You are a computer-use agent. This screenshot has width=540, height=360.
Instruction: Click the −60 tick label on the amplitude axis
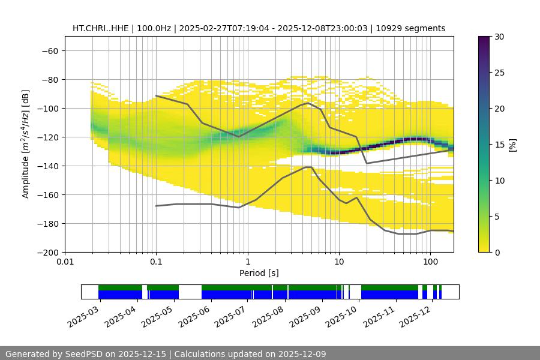click(x=49, y=50)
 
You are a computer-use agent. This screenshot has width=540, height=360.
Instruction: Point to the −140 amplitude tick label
click(x=47, y=166)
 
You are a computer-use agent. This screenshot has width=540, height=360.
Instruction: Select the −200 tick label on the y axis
click(x=47, y=252)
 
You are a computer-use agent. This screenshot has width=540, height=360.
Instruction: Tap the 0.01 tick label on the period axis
click(x=65, y=262)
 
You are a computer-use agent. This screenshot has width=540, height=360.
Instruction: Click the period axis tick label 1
click(x=247, y=262)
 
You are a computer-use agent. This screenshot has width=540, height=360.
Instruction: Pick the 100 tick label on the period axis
click(x=430, y=262)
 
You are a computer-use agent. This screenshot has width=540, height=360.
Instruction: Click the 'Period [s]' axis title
click(x=259, y=273)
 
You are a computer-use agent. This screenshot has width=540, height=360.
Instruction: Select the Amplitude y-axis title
click(x=26, y=144)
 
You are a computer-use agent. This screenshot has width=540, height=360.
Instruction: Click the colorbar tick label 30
click(x=499, y=37)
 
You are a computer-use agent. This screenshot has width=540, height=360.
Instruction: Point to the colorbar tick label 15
click(x=499, y=145)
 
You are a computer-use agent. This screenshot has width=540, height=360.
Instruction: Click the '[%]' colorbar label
click(x=512, y=144)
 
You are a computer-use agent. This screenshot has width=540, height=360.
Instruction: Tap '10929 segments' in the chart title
click(x=415, y=28)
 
